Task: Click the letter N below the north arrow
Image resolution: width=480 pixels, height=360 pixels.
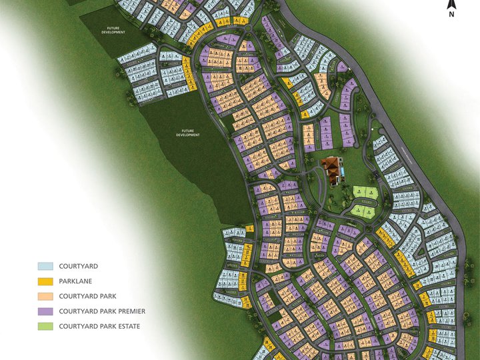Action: click(x=451, y=13)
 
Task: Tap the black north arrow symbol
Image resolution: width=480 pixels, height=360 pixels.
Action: click(x=451, y=4)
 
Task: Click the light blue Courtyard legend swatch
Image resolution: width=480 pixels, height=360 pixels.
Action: click(x=45, y=266)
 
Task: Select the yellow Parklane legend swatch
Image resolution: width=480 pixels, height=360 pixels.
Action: click(x=45, y=281)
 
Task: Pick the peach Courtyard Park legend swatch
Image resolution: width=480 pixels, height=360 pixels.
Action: click(x=45, y=296)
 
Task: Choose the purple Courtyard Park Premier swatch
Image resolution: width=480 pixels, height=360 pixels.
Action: click(x=45, y=311)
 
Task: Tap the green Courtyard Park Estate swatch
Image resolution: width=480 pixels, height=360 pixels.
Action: click(x=45, y=327)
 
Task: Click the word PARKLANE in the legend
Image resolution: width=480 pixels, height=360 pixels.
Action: click(x=78, y=281)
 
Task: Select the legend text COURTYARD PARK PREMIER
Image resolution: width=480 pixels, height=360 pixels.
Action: click(x=102, y=311)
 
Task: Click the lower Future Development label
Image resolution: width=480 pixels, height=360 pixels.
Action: click(x=188, y=133)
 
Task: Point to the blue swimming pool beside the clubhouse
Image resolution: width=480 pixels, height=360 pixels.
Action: click(x=342, y=173)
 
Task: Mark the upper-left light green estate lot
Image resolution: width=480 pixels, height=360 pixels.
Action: click(x=360, y=193)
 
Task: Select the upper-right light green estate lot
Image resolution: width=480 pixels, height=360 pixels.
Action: click(x=371, y=193)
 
